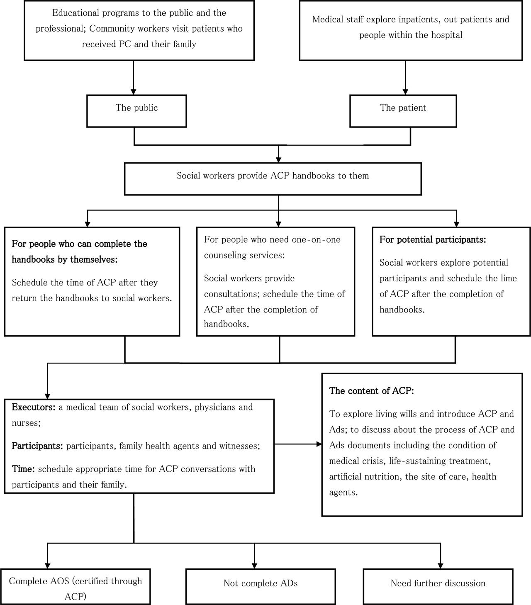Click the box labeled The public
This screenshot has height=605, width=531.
click(136, 111)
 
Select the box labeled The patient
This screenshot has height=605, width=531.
click(403, 111)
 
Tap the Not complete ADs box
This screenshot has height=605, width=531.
click(261, 586)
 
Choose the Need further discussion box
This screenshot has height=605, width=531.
click(438, 586)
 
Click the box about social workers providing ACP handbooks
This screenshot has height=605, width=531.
click(273, 179)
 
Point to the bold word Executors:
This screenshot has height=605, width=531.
click(34, 407)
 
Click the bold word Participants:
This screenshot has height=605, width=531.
click(37, 446)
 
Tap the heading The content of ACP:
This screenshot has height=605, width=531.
click(372, 391)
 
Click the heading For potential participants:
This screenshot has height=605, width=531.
click(433, 239)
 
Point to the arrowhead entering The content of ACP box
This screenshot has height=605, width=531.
click(319, 444)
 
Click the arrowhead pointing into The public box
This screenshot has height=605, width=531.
click(134, 92)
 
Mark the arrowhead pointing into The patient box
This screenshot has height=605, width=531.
click(405, 92)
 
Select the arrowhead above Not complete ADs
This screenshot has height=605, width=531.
click(254, 566)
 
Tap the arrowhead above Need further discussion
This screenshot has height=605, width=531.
click(441, 566)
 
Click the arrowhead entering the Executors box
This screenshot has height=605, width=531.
click(47, 396)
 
